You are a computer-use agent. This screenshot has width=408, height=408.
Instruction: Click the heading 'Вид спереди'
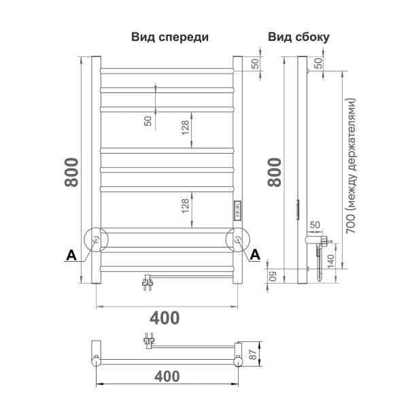(x=169, y=37)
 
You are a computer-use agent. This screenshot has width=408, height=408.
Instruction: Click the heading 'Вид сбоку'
(x=299, y=37)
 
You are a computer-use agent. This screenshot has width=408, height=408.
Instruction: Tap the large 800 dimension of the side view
(x=275, y=173)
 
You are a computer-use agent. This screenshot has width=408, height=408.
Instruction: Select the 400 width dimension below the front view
(x=165, y=318)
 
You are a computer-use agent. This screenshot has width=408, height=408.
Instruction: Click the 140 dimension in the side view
(x=331, y=261)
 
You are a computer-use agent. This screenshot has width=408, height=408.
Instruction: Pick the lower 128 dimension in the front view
(x=185, y=205)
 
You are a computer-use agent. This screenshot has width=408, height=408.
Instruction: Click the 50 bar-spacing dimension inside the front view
(x=148, y=120)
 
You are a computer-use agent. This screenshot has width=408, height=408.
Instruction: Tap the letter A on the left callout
(x=70, y=255)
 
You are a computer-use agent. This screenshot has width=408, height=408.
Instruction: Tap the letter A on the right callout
(x=256, y=255)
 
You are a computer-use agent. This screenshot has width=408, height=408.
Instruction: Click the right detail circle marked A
(x=238, y=240)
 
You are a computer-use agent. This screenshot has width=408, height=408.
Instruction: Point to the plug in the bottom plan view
(x=148, y=339)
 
